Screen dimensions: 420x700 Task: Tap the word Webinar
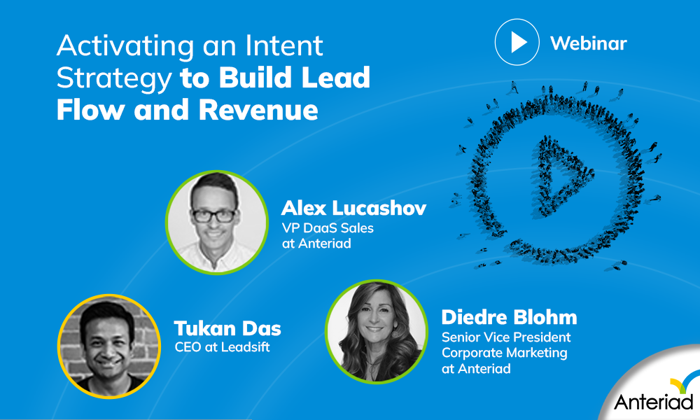tap(589, 43)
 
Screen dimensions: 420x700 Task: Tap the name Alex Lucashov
tap(353, 209)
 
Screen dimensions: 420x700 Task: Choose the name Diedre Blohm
tap(509, 317)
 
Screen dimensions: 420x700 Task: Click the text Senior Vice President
tap(506, 337)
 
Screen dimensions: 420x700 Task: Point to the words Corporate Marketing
tap(504, 353)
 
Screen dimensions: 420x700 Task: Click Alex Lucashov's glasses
tap(214, 214)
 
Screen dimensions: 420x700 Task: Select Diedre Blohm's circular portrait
tap(377, 331)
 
